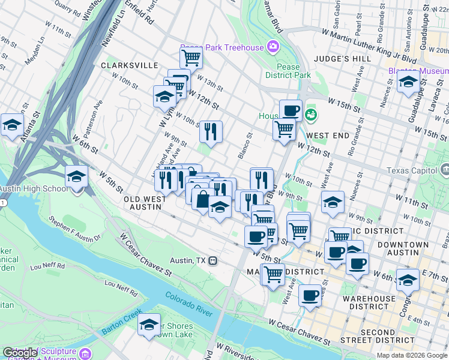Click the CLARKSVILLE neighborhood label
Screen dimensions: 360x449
[130, 65]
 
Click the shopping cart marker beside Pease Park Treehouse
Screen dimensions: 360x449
[191, 58]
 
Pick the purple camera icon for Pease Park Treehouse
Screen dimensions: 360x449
[273, 47]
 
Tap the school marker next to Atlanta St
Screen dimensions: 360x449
[12, 125]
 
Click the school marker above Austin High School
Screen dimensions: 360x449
[77, 176]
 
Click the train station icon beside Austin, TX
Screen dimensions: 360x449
[213, 261]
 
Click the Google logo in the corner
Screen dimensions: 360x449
[21, 353]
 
